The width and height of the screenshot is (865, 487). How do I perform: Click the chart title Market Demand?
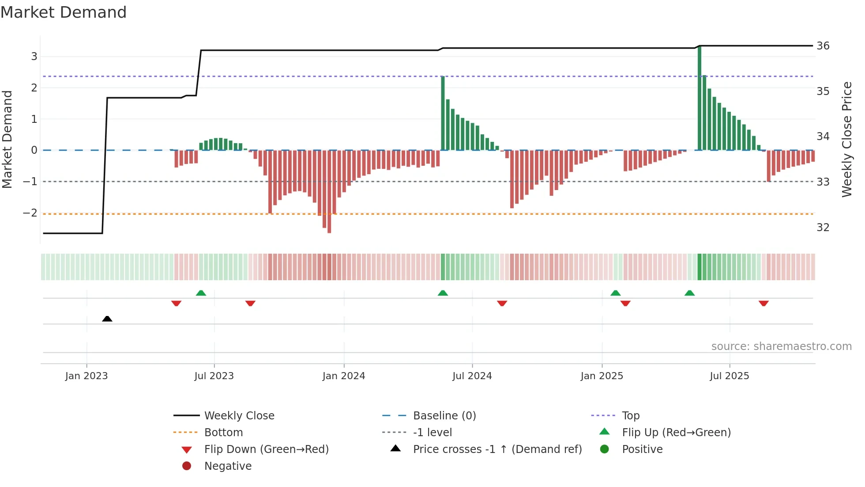(x=64, y=12)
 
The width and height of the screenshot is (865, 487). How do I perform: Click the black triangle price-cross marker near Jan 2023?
(x=107, y=319)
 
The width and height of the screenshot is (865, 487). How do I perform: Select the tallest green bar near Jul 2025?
(x=700, y=97)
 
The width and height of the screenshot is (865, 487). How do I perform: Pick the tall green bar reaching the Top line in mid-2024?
(x=443, y=113)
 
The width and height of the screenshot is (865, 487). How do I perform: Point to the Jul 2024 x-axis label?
(x=472, y=376)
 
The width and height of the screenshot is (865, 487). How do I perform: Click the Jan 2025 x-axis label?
(x=602, y=376)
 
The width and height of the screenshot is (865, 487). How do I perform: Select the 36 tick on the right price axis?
(x=823, y=46)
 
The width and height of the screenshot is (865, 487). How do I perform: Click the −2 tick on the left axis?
(x=30, y=213)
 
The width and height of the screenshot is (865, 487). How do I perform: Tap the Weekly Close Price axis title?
(x=846, y=139)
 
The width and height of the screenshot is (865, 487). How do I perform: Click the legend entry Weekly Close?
(x=239, y=416)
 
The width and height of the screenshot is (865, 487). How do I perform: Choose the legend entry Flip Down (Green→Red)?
(x=266, y=449)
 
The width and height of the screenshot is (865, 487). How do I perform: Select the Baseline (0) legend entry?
(x=444, y=416)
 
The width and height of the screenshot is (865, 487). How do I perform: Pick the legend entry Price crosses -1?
(x=497, y=449)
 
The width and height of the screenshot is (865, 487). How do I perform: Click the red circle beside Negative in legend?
(x=187, y=466)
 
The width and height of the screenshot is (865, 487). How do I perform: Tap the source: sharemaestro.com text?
(x=781, y=346)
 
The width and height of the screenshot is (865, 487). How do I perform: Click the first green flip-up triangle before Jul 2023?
(x=201, y=293)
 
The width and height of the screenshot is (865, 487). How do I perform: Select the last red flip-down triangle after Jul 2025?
(x=763, y=303)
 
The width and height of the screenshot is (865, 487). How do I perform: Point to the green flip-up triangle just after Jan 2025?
(x=615, y=293)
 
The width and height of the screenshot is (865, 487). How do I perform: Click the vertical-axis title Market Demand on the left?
(x=8, y=139)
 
